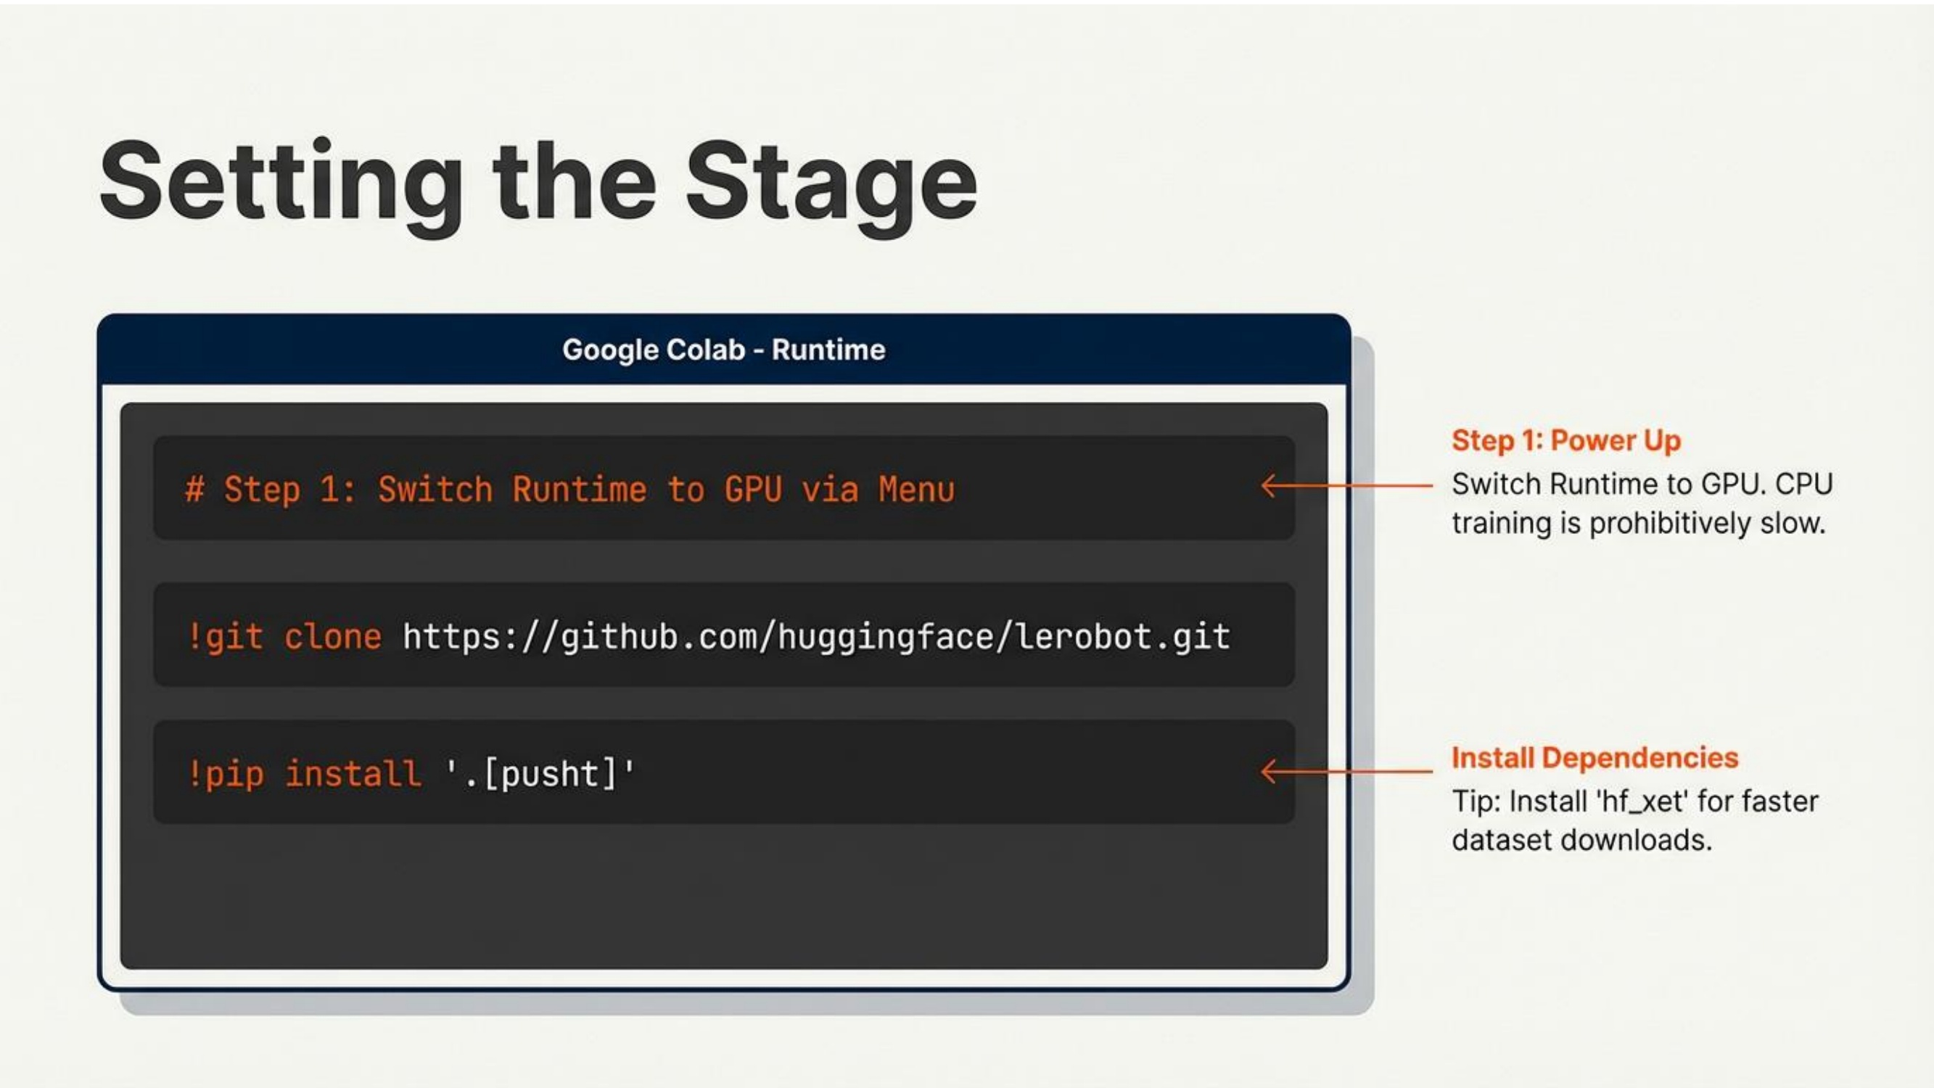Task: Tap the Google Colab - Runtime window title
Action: pos(724,350)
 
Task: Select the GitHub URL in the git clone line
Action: pos(816,638)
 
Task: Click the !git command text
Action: pos(224,638)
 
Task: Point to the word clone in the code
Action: pos(332,638)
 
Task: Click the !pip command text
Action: pos(224,774)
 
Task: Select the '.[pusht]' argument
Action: pos(540,774)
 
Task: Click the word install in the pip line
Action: pos(353,773)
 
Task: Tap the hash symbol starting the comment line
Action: pos(194,490)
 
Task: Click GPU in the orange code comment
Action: pos(753,490)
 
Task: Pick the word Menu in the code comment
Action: pos(917,490)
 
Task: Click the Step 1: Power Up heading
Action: pos(1566,441)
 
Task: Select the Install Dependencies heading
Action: pos(1594,758)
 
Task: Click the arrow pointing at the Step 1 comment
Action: pos(1347,486)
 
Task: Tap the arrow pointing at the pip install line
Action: pos(1347,771)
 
